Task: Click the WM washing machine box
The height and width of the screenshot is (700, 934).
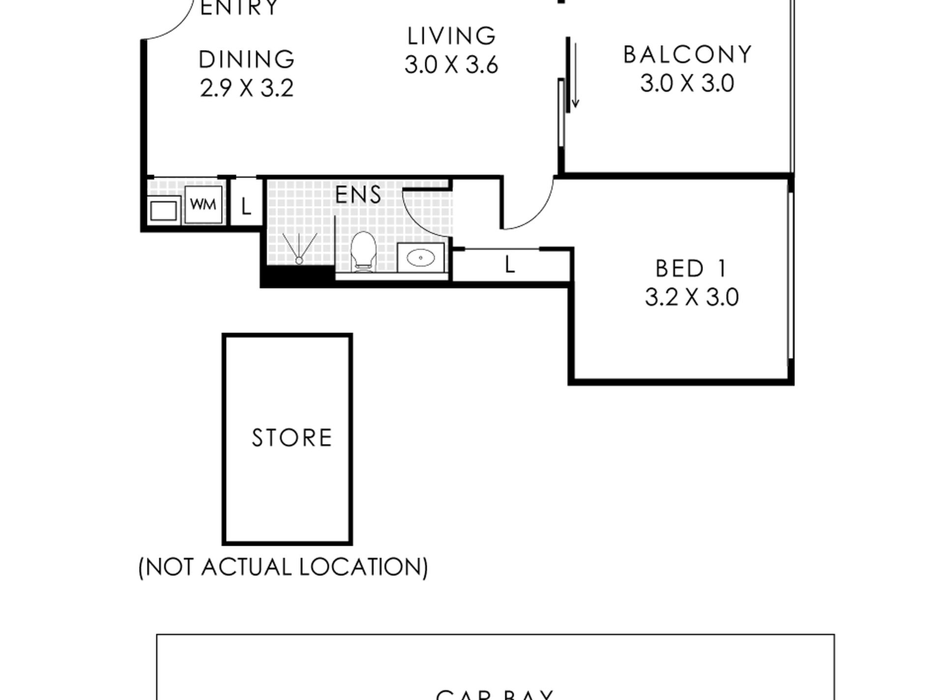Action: click(x=203, y=204)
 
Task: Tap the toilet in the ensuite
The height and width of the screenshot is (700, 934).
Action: click(x=363, y=252)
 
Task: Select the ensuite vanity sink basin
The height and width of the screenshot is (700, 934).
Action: click(x=421, y=257)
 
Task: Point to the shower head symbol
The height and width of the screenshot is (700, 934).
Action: click(x=298, y=260)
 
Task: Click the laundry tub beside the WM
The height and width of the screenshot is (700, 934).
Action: click(x=163, y=211)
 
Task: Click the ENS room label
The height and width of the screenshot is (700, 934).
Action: click(x=358, y=195)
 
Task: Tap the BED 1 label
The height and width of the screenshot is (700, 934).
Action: click(x=691, y=269)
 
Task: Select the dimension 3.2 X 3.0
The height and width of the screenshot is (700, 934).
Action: click(x=692, y=298)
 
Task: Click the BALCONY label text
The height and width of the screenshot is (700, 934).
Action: click(x=688, y=55)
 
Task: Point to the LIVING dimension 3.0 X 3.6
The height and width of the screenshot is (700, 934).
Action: click(x=451, y=65)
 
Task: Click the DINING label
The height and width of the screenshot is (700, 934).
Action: click(x=246, y=59)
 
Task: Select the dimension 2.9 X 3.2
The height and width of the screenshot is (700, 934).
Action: click(x=247, y=89)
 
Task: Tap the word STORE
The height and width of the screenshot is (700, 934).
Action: click(x=292, y=438)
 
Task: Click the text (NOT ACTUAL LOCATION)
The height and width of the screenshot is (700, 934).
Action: click(x=283, y=567)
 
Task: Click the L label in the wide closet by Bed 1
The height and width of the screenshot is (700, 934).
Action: click(x=510, y=266)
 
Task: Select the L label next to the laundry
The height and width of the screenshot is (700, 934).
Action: click(x=246, y=207)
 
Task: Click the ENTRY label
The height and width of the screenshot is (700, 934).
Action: click(x=239, y=8)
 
